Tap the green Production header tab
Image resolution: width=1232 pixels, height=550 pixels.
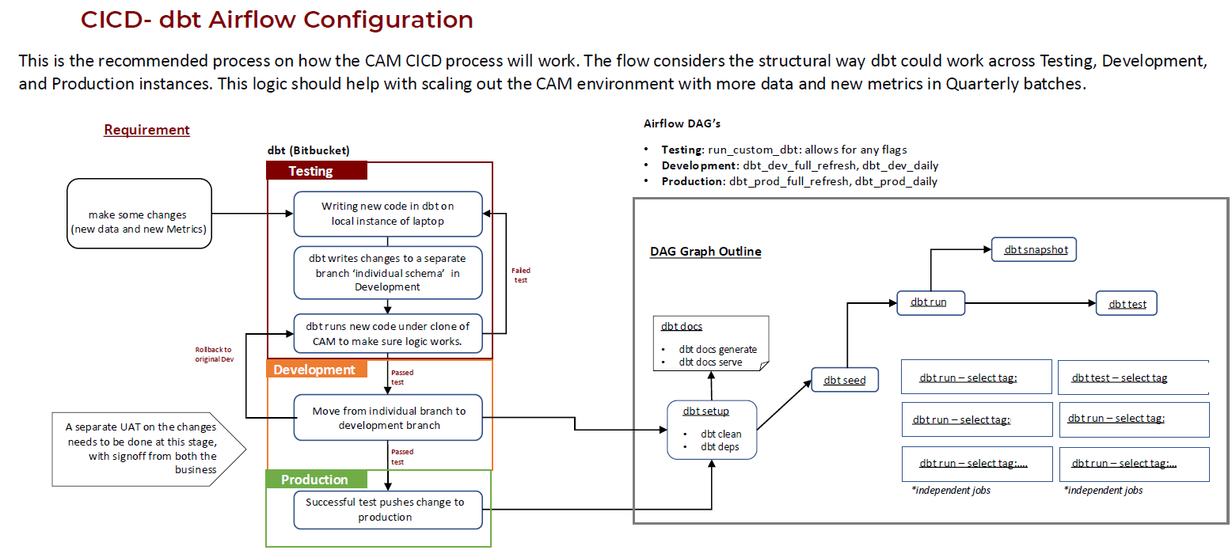pos(316,480)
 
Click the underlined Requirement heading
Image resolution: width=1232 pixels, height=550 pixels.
pos(146,130)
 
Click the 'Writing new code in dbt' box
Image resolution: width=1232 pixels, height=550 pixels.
pos(387,214)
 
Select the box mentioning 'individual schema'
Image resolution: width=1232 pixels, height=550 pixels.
pos(387,272)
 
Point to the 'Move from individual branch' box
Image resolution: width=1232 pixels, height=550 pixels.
pos(387,418)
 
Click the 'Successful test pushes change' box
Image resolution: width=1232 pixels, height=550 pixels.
pos(387,509)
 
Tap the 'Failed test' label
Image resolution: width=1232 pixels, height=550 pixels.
pos(520,275)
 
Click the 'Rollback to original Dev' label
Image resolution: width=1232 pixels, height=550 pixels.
pos(215,354)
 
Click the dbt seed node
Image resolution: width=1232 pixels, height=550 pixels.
pos(845,380)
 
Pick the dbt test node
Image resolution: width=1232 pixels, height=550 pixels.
pos(1127,304)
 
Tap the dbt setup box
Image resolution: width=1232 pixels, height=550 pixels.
pos(712,429)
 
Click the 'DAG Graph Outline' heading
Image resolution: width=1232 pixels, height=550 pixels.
pos(705,252)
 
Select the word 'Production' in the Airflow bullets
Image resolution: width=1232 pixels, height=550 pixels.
pos(693,181)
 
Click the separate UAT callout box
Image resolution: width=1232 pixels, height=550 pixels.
pos(143,448)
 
